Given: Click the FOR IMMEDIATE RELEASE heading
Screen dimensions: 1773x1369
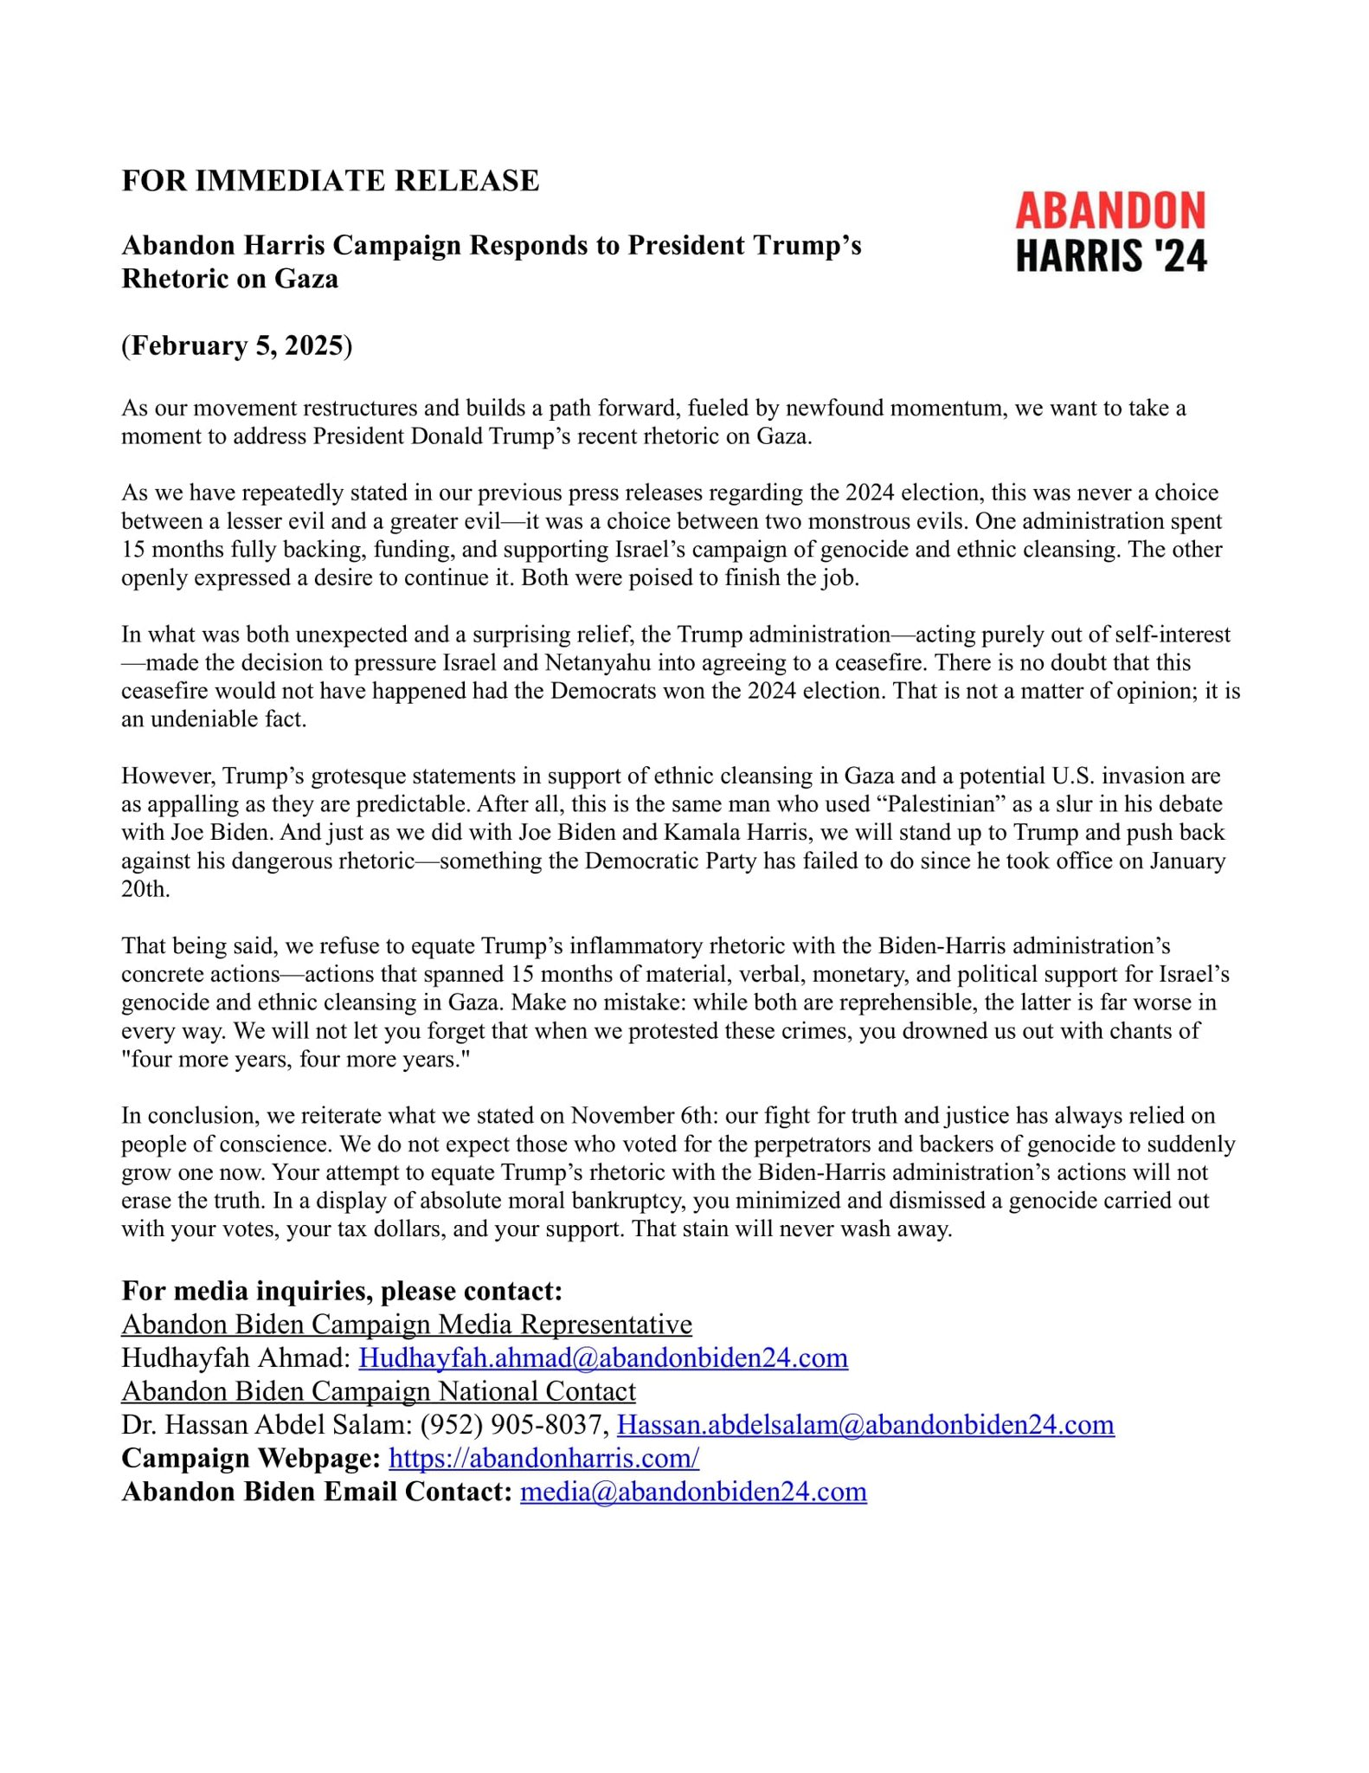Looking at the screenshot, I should pyautogui.click(x=330, y=181).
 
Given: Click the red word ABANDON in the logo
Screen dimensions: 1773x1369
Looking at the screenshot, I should pyautogui.click(x=1110, y=210).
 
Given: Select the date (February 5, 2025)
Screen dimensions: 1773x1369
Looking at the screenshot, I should pyautogui.click(x=236, y=345).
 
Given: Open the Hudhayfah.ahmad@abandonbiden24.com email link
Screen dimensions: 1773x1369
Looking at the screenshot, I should pyautogui.click(x=603, y=1357).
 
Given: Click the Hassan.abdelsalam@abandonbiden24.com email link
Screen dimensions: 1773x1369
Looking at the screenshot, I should pyautogui.click(x=864, y=1424).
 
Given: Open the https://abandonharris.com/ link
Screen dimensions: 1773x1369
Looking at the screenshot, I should pyautogui.click(x=543, y=1458).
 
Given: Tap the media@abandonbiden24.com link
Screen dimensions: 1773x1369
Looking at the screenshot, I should pyautogui.click(x=693, y=1492).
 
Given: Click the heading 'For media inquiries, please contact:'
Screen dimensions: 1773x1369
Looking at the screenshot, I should pyautogui.click(x=342, y=1291).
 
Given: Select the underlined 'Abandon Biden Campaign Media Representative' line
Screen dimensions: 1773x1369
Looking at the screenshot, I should pyautogui.click(x=407, y=1325).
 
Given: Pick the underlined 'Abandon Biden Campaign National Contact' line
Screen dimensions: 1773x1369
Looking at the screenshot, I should pyautogui.click(x=378, y=1391).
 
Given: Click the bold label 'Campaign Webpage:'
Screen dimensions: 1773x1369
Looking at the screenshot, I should pyautogui.click(x=251, y=1458).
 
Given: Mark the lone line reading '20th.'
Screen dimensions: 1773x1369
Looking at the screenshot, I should pyautogui.click(x=145, y=890).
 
